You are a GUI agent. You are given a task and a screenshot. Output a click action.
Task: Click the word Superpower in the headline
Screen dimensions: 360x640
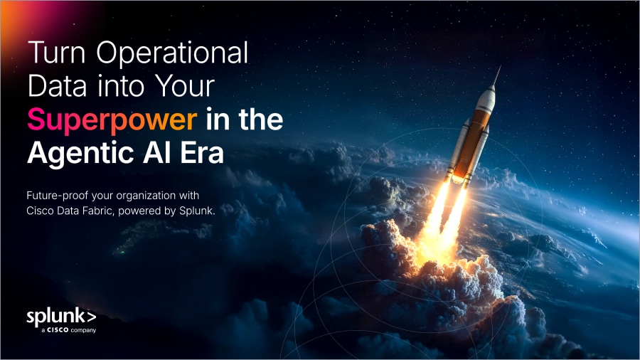112,120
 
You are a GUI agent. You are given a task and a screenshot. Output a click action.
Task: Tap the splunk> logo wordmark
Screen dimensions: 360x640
60,316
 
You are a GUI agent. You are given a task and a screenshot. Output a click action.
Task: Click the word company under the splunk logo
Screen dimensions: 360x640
82,330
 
